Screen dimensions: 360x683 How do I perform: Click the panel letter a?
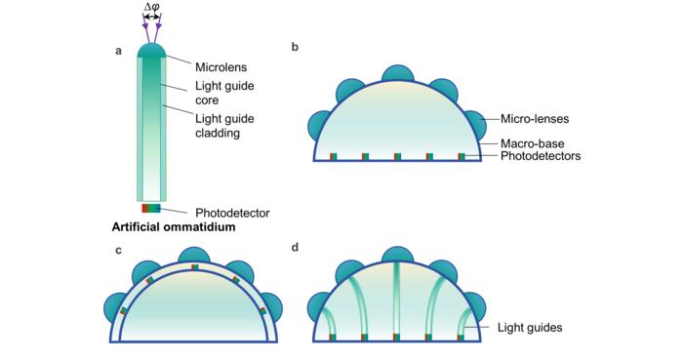(x=118, y=52)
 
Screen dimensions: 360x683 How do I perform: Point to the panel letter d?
(x=296, y=249)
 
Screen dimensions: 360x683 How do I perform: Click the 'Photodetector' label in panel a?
(x=232, y=212)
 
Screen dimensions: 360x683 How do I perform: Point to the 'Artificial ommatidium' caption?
(x=174, y=228)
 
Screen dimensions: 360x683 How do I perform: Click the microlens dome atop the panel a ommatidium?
(x=151, y=50)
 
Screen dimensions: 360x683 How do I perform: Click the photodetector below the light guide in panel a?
(x=151, y=208)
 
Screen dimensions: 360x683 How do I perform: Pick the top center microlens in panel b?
(x=397, y=76)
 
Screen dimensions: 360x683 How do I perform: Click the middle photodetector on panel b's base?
(x=397, y=156)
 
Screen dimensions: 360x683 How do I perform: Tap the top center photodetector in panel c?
(x=195, y=265)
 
